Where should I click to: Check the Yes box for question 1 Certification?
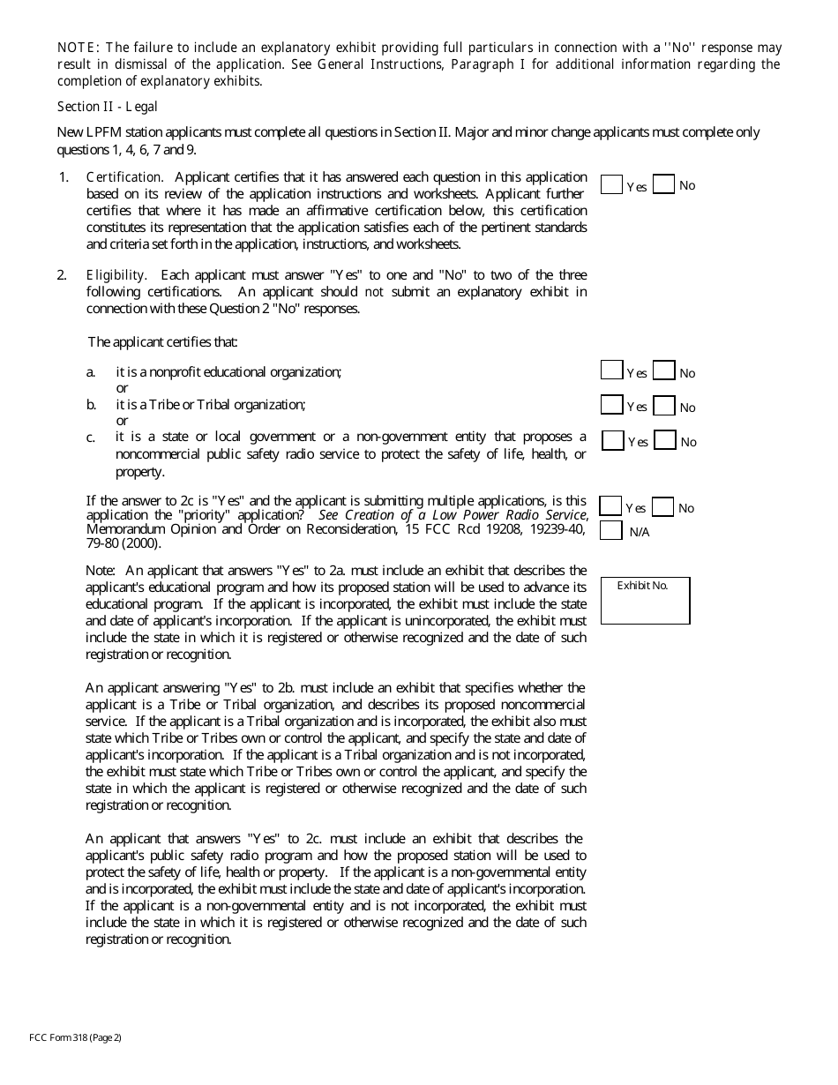611,184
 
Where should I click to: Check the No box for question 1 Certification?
664,184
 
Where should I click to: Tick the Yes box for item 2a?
611,371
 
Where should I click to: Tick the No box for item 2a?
664,371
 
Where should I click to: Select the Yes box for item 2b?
611,405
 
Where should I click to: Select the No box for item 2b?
665,406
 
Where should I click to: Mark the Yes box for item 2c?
612,440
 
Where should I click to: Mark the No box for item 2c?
665,440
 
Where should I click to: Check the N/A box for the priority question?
610,531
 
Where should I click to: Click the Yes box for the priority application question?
610,506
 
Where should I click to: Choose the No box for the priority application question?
663,506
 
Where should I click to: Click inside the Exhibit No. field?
645,605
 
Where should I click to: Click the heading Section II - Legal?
107,107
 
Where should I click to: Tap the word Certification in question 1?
124,177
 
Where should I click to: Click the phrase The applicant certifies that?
162,341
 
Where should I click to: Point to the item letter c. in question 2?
91,438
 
